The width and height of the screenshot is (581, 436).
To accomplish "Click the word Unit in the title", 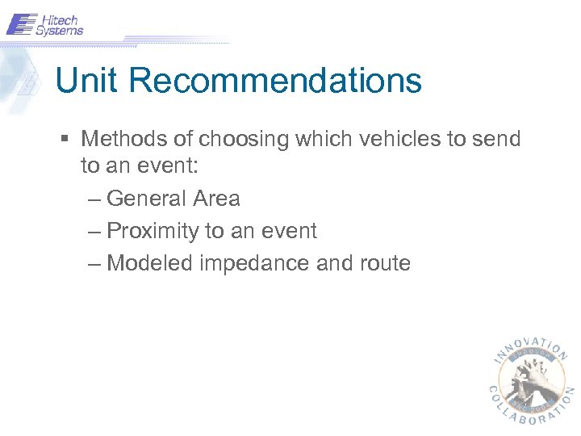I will click(x=86, y=81).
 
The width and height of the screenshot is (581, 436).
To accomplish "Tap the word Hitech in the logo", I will click(x=59, y=19).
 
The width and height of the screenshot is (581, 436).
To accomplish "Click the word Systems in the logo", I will click(x=59, y=31).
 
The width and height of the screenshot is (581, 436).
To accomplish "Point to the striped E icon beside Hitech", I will click(x=22, y=24).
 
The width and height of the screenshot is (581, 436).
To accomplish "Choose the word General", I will click(x=149, y=199).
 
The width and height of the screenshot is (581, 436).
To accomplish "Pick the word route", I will click(x=383, y=264).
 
